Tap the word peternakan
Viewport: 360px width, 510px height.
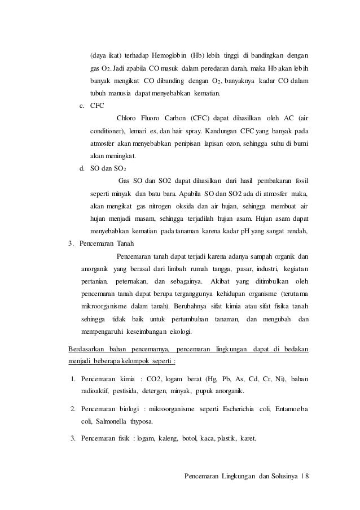tap(129, 280)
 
